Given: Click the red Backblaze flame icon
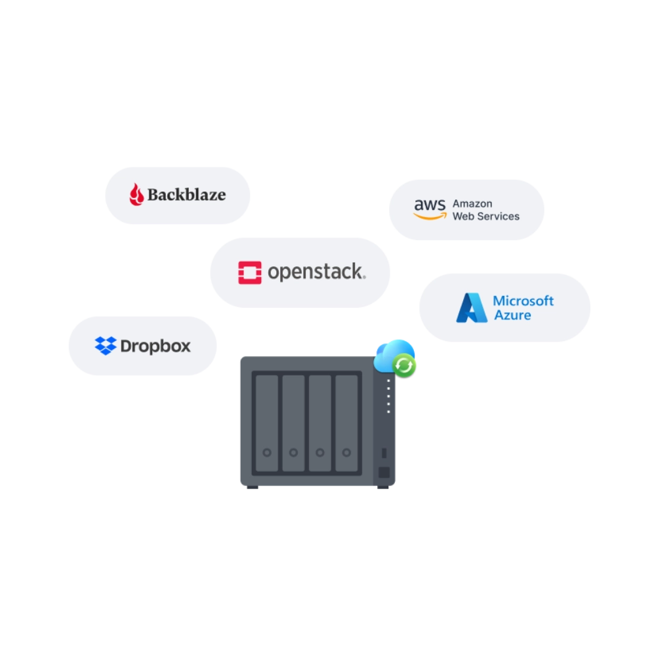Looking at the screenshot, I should pyautogui.click(x=136, y=195).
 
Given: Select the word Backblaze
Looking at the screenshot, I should pyautogui.click(x=186, y=195).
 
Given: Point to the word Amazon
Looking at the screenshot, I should pyautogui.click(x=472, y=204).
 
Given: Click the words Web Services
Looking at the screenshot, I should pyautogui.click(x=486, y=216).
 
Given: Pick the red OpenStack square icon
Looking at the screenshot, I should pyautogui.click(x=249, y=272).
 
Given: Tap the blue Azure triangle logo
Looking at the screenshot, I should pyautogui.click(x=472, y=308).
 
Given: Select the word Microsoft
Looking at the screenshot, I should pyautogui.click(x=523, y=301).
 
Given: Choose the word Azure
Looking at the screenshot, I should pyautogui.click(x=512, y=316).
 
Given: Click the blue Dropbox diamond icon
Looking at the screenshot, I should pyautogui.click(x=106, y=346).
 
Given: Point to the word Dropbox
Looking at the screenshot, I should pyautogui.click(x=155, y=346).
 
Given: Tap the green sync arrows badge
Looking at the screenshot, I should pyautogui.click(x=405, y=365).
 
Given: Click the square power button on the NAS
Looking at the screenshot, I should pyautogui.click(x=384, y=472).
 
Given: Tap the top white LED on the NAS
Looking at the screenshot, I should pyautogui.click(x=388, y=380).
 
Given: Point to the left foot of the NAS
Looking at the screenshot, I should pyautogui.click(x=254, y=489).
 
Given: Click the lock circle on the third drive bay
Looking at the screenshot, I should pyautogui.click(x=320, y=453).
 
